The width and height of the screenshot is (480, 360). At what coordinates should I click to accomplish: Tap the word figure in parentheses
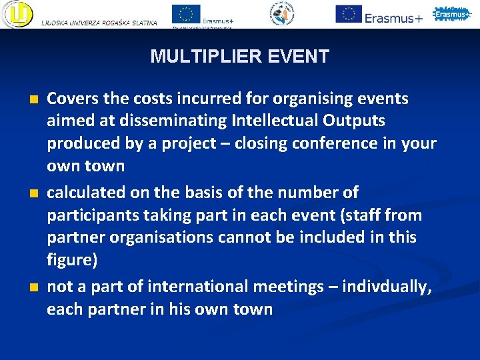click(70, 261)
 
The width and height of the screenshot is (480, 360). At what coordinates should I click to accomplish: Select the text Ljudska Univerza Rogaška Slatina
click(99, 23)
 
